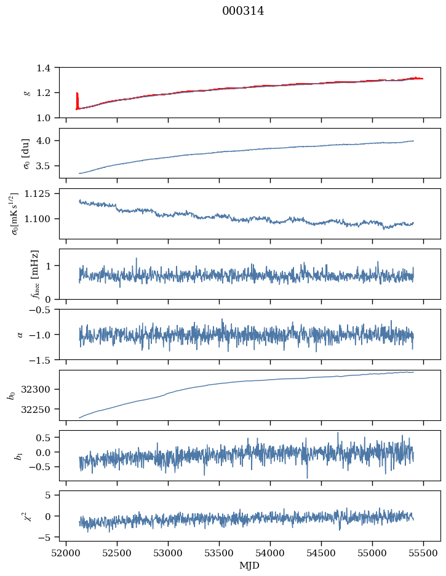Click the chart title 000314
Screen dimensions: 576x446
coord(243,11)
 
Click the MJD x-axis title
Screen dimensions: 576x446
coord(250,565)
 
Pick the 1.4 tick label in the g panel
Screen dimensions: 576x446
coord(47,68)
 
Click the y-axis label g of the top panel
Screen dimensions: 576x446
coord(26,92)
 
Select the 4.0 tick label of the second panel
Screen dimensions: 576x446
coord(47,141)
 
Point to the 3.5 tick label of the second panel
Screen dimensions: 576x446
coord(47,166)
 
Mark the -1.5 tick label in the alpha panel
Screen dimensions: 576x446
coord(43,359)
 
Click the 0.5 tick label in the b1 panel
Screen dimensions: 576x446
coord(47,438)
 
